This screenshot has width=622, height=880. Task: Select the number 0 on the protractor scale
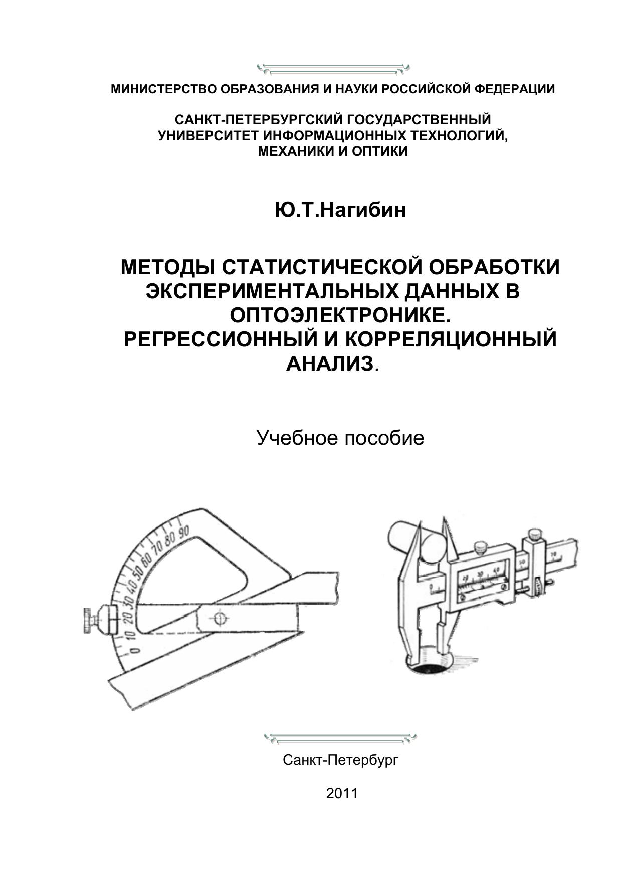tap(134, 651)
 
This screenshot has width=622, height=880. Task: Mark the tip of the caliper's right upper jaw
tap(443, 517)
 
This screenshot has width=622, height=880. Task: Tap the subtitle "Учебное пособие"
tap(340, 438)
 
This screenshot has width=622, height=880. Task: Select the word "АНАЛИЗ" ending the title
tap(330, 363)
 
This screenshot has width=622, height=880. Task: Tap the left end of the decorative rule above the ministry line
tap(257, 66)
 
